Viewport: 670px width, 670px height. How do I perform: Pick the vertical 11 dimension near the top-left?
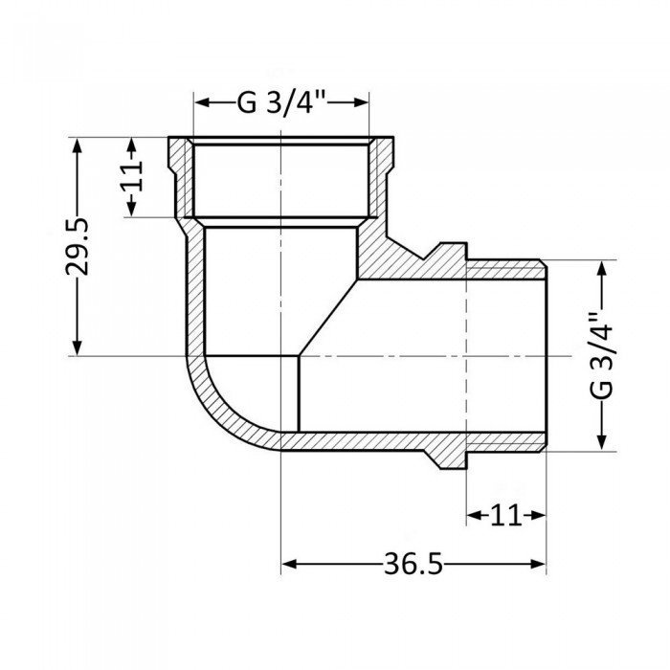(132, 178)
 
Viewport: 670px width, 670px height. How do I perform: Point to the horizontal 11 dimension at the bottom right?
(505, 516)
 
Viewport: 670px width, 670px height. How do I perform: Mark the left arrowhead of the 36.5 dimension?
(287, 565)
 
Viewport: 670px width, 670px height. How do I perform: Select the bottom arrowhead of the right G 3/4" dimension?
(601, 442)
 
